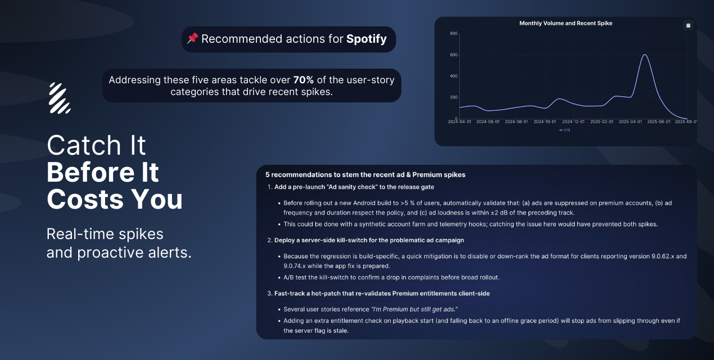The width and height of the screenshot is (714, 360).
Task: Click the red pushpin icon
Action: (192, 39)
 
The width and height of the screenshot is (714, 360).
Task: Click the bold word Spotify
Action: (367, 39)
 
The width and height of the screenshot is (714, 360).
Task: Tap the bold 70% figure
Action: (304, 80)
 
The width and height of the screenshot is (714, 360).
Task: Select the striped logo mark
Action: (60, 98)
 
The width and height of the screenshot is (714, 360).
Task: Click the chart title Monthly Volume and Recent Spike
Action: (566, 23)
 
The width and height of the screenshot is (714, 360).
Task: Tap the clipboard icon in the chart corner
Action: (688, 25)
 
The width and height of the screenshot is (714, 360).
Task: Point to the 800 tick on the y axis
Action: (454, 34)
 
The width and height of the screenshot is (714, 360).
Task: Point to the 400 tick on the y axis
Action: (454, 76)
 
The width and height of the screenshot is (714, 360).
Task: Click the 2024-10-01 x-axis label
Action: (545, 122)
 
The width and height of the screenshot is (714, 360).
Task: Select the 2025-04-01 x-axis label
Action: (630, 122)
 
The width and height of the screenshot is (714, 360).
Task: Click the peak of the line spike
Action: (644, 55)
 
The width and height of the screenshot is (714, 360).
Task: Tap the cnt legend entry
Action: (564, 130)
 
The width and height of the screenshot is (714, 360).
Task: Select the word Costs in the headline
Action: (85, 199)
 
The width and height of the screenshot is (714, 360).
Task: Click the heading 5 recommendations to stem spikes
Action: (365, 175)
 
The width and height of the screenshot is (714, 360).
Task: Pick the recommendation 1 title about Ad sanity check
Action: (354, 187)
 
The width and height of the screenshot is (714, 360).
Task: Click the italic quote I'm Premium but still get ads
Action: (414, 309)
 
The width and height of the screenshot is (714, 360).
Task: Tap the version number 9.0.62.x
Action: (663, 256)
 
